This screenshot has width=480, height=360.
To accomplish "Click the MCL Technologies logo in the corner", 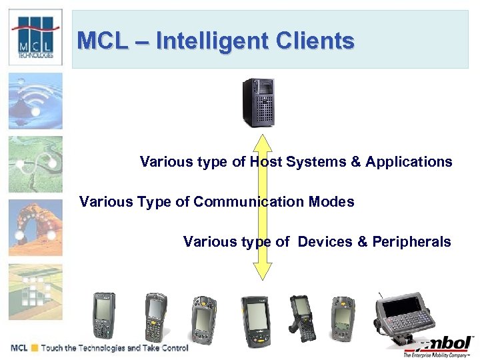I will pos(36,37).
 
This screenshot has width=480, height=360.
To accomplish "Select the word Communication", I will pos(250,201).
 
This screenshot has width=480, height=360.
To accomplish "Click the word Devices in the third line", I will pos(325,241).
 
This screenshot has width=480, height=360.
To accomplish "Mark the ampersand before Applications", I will pos(356,162).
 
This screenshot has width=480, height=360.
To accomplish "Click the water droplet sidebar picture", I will pos(35,101).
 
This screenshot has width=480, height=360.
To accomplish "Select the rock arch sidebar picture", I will pos(35,228).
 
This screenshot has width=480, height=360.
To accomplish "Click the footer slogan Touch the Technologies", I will pos(114,348).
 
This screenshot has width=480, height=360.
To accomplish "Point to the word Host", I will pos(266,162).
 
